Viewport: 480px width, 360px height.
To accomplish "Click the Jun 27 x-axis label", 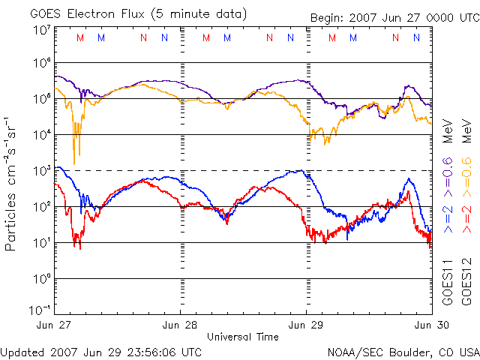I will pyautogui.click(x=55, y=325).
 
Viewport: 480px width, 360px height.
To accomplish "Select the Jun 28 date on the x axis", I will pyautogui.click(x=180, y=325).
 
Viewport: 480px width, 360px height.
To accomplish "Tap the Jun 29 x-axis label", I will pyautogui.click(x=306, y=325).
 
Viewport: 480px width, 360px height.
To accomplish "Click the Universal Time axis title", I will pyautogui.click(x=243, y=337).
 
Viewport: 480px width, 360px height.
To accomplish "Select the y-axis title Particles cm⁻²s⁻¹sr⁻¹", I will pyautogui.click(x=12, y=184).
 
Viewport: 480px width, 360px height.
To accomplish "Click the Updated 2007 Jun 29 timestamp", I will pyautogui.click(x=101, y=351).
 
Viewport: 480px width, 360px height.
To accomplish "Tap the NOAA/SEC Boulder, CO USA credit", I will pyautogui.click(x=403, y=351).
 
